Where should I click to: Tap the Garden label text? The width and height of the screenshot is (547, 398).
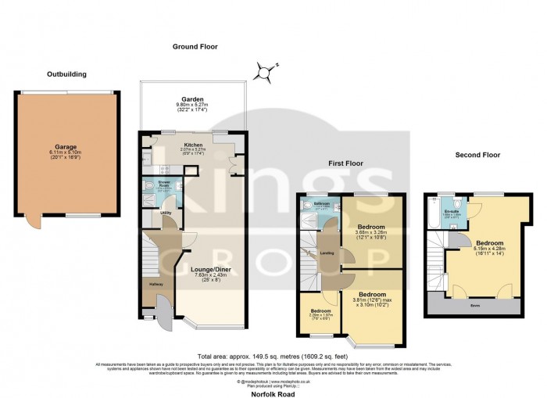point(193,100)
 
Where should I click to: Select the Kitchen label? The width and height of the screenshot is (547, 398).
point(193,145)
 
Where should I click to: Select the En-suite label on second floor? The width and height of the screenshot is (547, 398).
point(450,212)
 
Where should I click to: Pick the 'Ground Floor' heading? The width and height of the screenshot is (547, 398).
point(194,47)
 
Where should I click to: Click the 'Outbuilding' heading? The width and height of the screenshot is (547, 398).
point(66,74)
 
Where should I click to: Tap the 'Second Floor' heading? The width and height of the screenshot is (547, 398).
point(477,155)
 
